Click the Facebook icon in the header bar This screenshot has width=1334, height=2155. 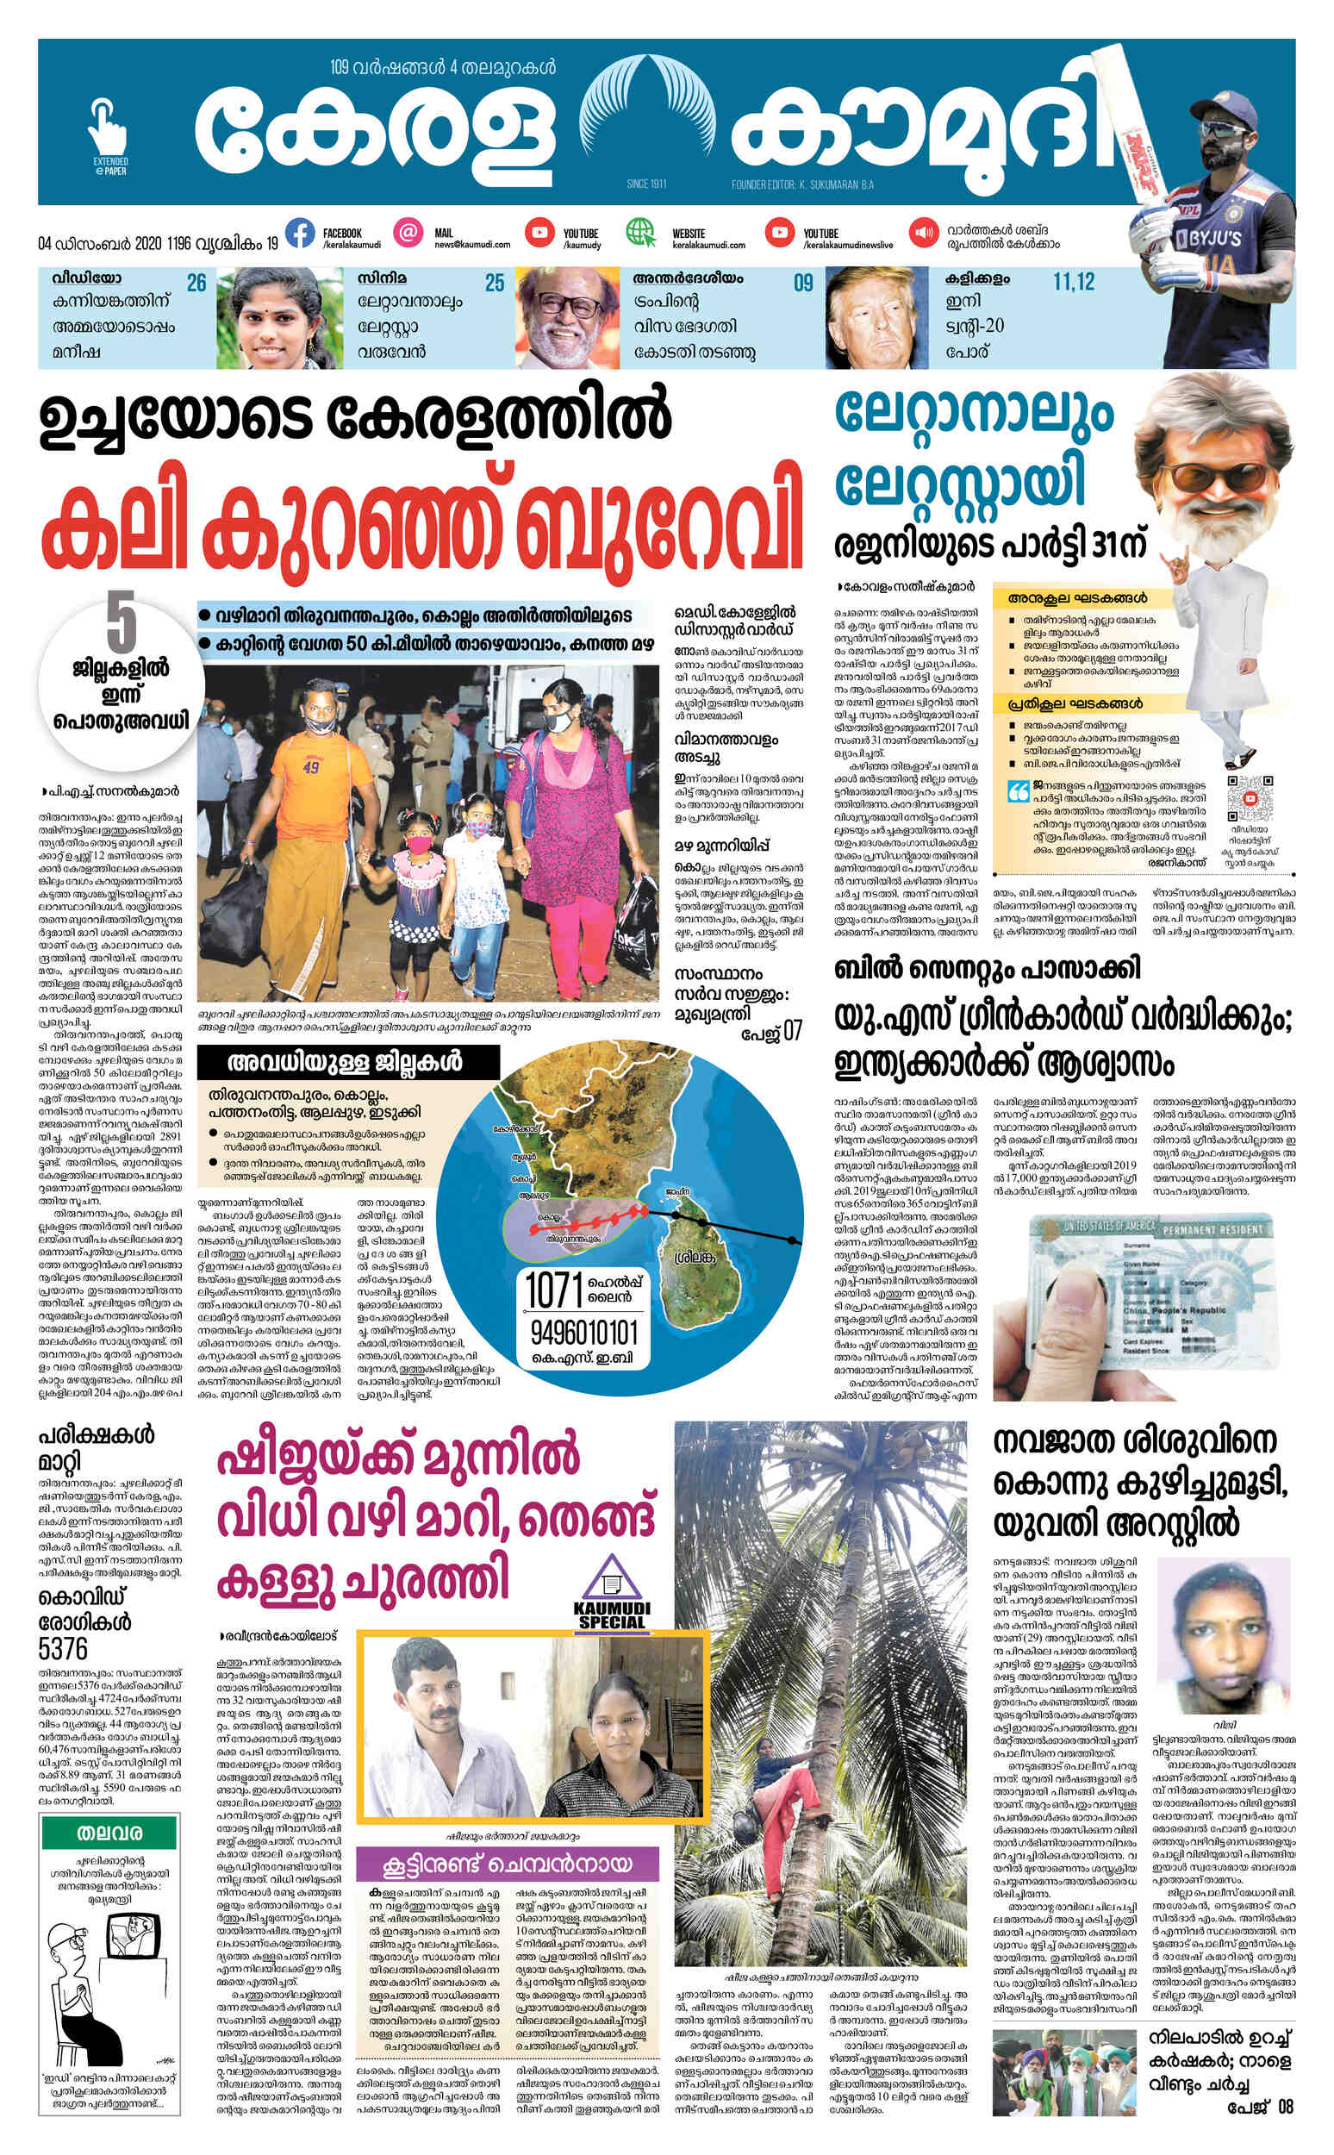click(x=300, y=233)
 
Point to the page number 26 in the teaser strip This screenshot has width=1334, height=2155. click(x=196, y=283)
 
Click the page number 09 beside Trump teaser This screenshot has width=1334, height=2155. click(x=802, y=283)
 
